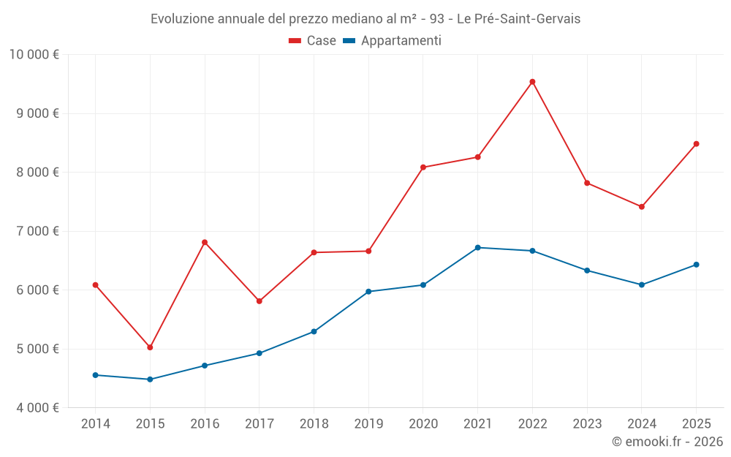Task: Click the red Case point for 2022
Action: point(532,82)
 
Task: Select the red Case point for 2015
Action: point(150,347)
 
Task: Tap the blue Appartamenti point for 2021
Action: point(477,248)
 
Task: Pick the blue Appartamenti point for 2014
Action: point(95,375)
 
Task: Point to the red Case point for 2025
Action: point(696,144)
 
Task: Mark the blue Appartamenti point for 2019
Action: point(368,292)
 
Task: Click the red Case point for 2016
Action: point(205,242)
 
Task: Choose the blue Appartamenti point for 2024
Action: point(641,284)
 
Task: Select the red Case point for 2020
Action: point(423,167)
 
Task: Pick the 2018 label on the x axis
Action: point(314,424)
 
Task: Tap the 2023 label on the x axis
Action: point(587,424)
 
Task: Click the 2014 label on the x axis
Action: point(95,424)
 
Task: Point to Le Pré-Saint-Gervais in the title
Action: point(518,19)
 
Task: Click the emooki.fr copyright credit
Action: point(667,442)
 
